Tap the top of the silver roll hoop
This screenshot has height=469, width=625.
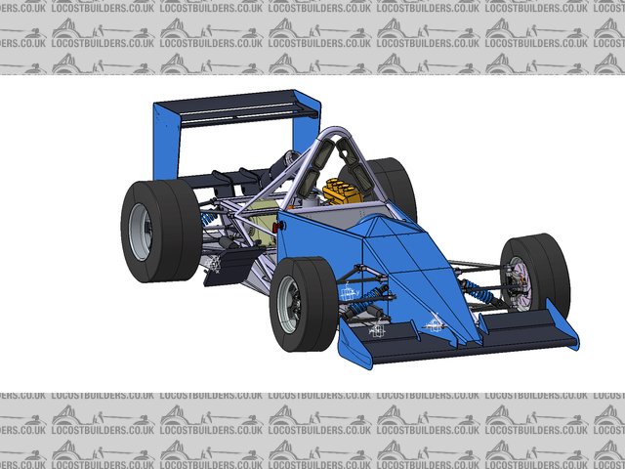pos(337,132)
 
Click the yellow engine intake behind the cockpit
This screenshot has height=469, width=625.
pos(341,192)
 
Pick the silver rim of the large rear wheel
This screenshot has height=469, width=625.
pos(141,233)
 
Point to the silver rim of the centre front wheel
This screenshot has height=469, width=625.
pos(289,304)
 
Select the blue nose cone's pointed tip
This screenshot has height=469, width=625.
pos(473,340)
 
